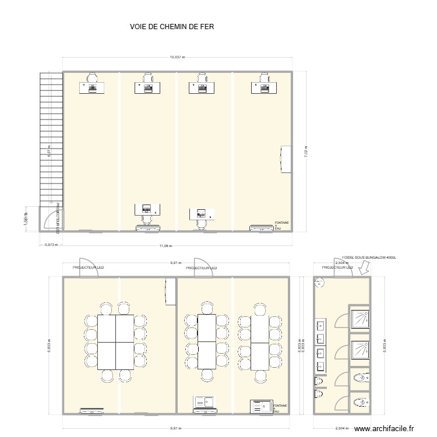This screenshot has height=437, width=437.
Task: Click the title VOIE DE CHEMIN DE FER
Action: (168, 26)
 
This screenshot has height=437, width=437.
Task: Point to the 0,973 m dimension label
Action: (51, 245)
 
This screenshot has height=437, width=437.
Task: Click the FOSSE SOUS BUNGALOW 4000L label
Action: (369, 256)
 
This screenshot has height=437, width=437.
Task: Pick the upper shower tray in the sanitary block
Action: (360, 318)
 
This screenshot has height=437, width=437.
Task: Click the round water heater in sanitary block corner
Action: (319, 284)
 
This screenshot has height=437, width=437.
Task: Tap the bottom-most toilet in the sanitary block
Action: (360, 402)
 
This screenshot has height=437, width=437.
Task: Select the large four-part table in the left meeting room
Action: (115, 341)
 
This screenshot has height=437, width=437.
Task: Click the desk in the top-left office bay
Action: (93, 87)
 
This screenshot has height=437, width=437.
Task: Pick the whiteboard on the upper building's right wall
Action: (285, 160)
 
